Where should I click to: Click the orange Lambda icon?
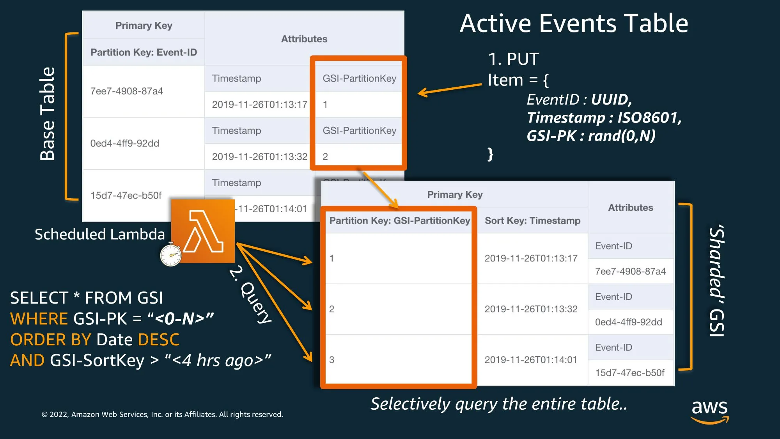[x=203, y=231]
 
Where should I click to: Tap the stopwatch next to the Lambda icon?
[x=171, y=254]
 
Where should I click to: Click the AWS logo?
[x=709, y=411]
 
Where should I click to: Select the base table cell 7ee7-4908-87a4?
[x=126, y=91]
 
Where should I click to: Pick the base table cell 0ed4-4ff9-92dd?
[x=125, y=143]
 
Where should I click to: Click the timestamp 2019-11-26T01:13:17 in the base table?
[x=260, y=105]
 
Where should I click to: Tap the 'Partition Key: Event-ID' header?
[x=144, y=52]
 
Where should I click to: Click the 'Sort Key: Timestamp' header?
[x=532, y=220]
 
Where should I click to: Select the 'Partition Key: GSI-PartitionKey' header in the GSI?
[x=400, y=220]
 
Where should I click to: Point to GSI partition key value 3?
[x=331, y=360]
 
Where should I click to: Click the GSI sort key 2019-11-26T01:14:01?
[x=531, y=360]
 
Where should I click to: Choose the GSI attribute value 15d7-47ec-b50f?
[x=630, y=373]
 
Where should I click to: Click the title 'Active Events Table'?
[x=574, y=23]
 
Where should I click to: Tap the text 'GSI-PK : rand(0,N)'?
[x=591, y=136]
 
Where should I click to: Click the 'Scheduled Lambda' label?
[x=100, y=234]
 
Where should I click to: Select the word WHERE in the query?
[x=39, y=319]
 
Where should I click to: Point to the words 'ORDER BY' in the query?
[x=51, y=340]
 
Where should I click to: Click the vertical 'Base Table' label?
[x=48, y=114]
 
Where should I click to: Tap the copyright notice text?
[x=162, y=414]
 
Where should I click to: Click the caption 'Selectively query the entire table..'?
[x=499, y=404]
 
